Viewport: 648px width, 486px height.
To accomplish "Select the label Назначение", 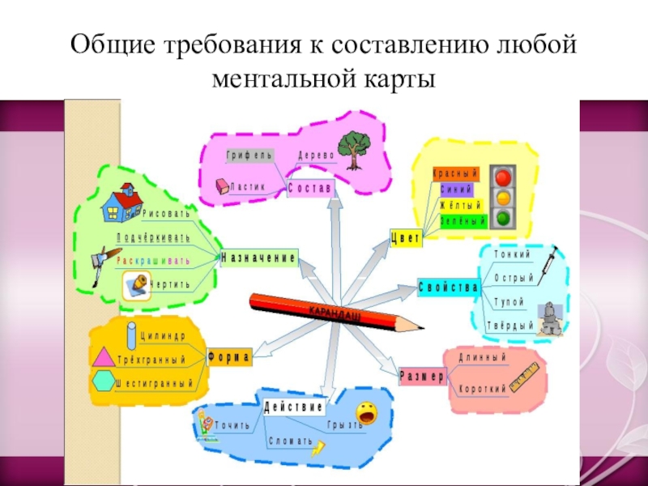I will pos(258,258).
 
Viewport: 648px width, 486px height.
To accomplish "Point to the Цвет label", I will pos(405,236).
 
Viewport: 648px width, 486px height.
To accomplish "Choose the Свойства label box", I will pos(449,287).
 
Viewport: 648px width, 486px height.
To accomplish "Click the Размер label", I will pos(422,377).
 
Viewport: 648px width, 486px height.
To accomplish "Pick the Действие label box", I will pos(293,406).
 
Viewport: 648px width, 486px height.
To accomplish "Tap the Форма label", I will pos(230,356).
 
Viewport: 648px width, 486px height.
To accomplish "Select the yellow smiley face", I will pos(366,413).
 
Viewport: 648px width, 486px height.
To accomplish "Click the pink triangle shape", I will pos(104,357).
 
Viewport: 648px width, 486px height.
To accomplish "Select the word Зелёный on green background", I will pos(463,220).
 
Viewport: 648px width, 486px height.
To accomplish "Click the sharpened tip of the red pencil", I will pos(422,326).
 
